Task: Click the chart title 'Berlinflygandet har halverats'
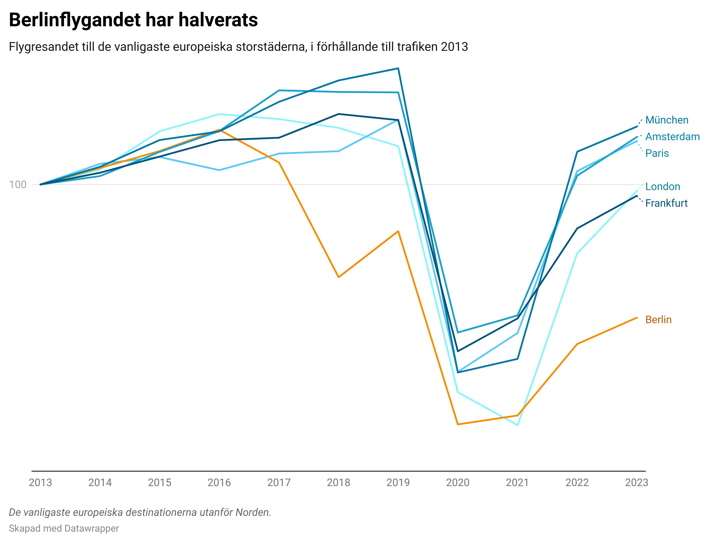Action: pos(133,20)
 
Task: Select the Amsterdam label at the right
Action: pos(672,136)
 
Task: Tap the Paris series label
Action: pos(657,153)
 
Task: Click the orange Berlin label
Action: pos(658,320)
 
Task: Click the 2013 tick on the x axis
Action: pos(40,482)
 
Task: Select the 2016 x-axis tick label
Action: pos(219,482)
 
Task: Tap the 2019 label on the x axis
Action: pos(398,482)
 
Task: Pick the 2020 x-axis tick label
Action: pos(458,482)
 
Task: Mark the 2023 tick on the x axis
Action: pos(637,482)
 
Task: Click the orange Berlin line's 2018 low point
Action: pos(339,277)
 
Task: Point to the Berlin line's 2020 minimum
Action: pos(458,424)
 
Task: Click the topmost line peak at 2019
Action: pos(398,69)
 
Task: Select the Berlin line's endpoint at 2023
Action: pos(637,318)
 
